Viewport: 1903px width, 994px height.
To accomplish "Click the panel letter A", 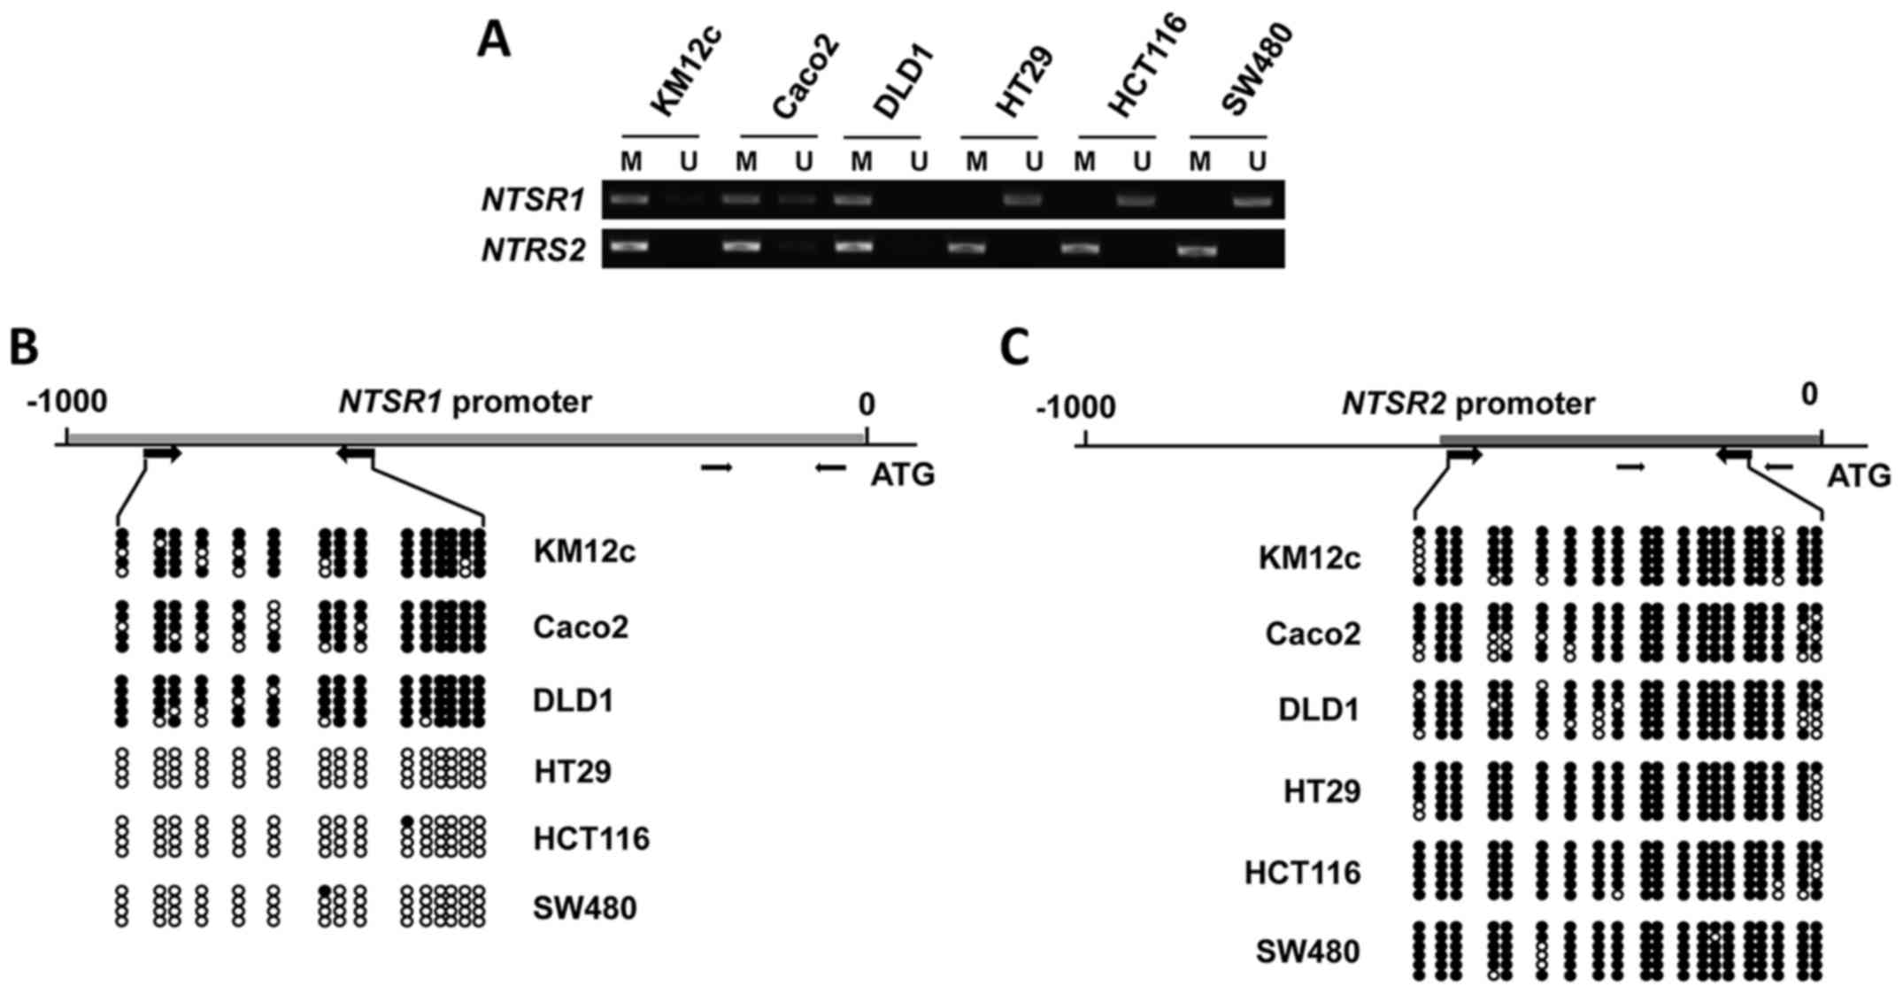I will point(494,41).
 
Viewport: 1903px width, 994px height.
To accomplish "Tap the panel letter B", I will point(24,348).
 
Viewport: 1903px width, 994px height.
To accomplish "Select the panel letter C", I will point(1014,348).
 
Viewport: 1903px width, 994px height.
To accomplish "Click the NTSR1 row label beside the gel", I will point(533,201).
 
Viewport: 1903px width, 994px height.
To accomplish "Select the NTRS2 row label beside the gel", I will point(533,250).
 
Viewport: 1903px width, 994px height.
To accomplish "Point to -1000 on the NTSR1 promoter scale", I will point(67,403).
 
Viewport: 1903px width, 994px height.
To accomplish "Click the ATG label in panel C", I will point(1860,476).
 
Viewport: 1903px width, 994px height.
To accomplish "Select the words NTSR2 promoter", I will point(1468,404).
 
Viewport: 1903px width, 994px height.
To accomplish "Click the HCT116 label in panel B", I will point(591,838).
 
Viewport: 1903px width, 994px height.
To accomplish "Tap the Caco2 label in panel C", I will point(1313,634).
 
